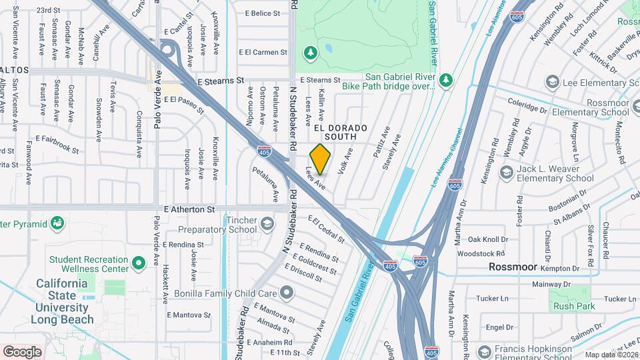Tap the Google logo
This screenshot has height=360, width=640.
tap(22, 351)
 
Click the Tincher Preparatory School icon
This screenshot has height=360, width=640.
tap(267, 223)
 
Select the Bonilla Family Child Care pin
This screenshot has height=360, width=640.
tap(287, 293)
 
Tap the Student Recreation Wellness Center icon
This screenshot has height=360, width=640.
tap(139, 263)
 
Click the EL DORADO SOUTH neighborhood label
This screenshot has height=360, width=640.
tap(340, 131)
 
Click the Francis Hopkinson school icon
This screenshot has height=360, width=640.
tap(485, 351)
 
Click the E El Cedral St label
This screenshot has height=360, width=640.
tap(326, 229)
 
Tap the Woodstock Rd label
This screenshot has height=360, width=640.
tap(481, 253)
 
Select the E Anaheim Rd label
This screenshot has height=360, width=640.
tap(269, 343)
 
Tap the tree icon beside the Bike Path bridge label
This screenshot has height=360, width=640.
tap(446, 81)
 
